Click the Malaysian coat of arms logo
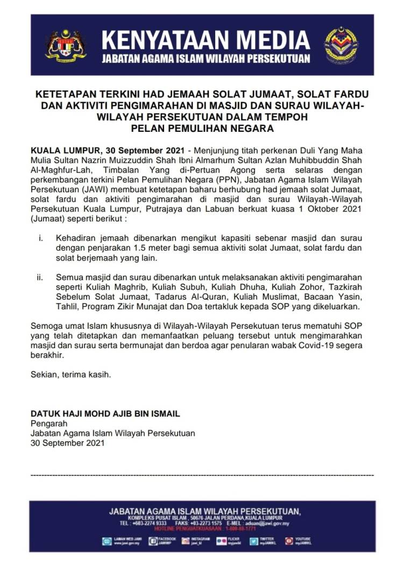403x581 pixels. [x=66, y=45]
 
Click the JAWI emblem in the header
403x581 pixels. [x=341, y=45]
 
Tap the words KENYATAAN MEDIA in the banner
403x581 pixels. [x=206, y=40]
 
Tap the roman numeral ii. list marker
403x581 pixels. [x=40, y=277]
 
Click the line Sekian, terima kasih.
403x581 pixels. [x=71, y=375]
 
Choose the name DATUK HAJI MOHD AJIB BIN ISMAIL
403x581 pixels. [x=105, y=414]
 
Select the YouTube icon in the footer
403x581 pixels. [x=289, y=541]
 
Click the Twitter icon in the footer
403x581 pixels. [x=253, y=541]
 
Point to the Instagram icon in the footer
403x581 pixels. [x=185, y=541]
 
